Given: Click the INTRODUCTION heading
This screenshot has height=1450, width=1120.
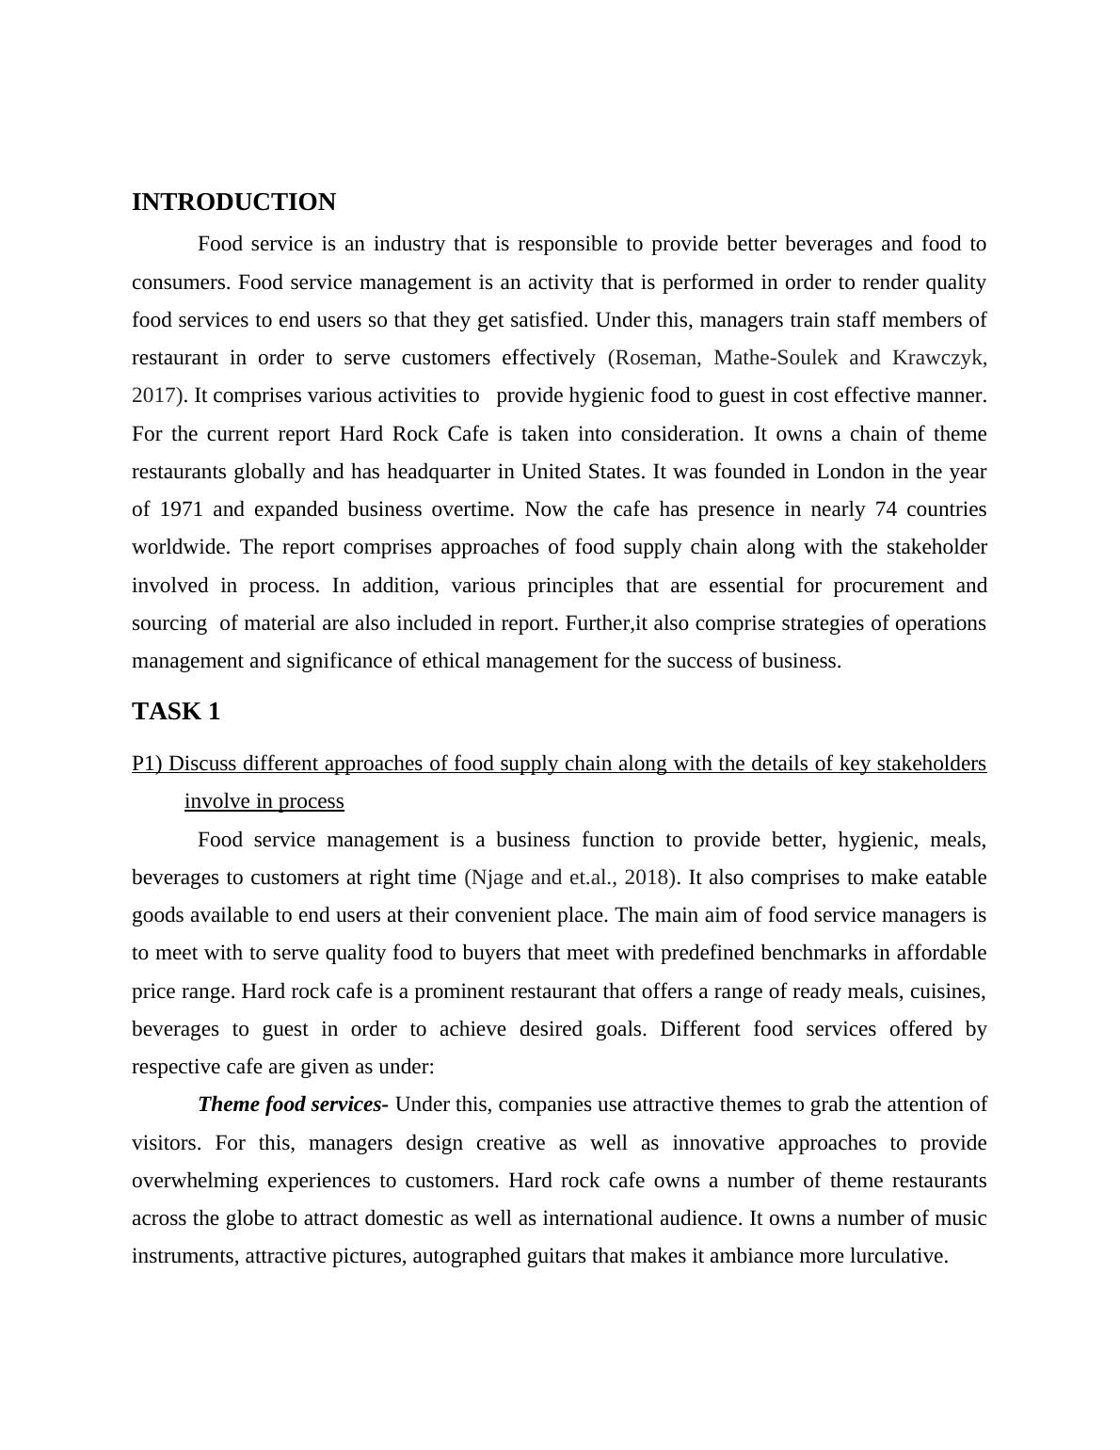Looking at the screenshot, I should coord(233,202).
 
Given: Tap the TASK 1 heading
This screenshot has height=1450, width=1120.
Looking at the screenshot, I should coord(176,712).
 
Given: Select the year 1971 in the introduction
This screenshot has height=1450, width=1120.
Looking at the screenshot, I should coord(182,509).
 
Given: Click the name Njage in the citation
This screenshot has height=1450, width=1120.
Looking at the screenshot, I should coord(497,878).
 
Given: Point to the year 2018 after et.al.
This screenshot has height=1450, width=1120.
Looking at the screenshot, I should coord(646,878).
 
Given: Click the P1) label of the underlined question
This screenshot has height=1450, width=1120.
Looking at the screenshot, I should coord(147,764).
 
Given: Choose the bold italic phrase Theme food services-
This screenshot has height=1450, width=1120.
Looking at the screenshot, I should coord(293,1104).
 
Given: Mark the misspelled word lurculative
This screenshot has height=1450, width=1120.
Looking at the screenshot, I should coord(898,1256).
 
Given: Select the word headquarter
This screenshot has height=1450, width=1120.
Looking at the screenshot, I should coord(411,472).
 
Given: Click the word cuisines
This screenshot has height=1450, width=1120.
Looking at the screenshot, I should coord(948,991).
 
